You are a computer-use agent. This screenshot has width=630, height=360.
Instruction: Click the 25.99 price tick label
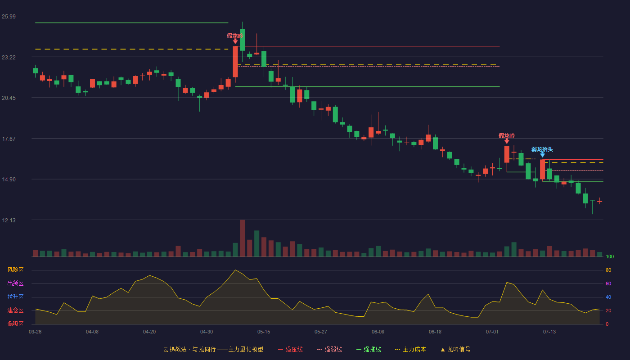[x=9, y=17]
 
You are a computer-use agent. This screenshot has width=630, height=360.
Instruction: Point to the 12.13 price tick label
[x=9, y=220]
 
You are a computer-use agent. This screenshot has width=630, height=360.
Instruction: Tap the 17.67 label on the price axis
[x=9, y=139]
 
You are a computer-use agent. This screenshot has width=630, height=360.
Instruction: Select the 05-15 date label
[x=264, y=332]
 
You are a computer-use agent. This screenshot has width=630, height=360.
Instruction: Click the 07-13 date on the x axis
[x=549, y=332]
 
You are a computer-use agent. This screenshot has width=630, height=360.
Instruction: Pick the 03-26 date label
[x=35, y=332]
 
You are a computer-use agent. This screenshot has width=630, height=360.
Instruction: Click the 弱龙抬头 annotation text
[x=542, y=149]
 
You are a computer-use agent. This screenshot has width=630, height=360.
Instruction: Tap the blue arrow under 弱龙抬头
[x=543, y=155]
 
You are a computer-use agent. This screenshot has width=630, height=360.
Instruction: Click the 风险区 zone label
[x=15, y=270]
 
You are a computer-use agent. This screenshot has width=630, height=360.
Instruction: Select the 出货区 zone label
[x=15, y=283]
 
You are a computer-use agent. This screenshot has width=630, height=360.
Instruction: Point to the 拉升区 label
[x=15, y=297]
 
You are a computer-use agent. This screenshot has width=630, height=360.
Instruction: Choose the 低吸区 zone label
[x=15, y=324]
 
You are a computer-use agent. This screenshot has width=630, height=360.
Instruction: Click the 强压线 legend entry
[x=290, y=349]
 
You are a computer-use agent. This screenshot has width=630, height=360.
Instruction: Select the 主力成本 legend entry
[x=410, y=349]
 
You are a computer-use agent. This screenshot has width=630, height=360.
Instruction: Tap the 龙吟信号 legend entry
[x=455, y=349]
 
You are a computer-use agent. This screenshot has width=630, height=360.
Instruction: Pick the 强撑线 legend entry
[x=369, y=349]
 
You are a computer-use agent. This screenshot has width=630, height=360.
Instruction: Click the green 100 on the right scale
[x=610, y=256]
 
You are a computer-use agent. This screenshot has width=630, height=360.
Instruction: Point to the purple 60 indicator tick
[x=608, y=283]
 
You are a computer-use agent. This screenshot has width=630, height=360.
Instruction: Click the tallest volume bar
[x=243, y=238]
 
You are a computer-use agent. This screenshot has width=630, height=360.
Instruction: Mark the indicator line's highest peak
[x=235, y=270]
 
